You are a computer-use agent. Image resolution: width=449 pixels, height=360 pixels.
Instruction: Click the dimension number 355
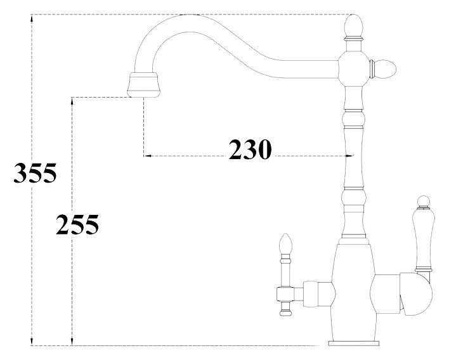[36, 173]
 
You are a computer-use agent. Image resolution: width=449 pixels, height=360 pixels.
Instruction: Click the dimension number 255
[77, 224]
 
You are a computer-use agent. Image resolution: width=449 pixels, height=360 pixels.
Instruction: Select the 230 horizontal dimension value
[250, 150]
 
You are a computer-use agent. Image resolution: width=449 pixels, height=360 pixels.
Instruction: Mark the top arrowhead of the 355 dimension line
[31, 18]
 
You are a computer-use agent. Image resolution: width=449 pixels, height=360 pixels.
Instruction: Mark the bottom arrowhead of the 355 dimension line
[31, 342]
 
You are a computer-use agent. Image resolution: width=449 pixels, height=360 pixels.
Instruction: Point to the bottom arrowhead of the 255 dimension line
[73, 342]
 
